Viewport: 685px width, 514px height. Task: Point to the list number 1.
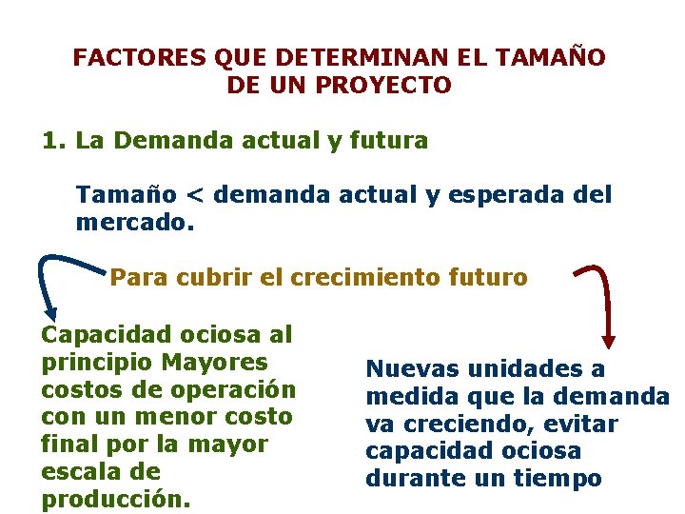[x=51, y=141]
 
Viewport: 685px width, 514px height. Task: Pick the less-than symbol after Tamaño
[x=194, y=196]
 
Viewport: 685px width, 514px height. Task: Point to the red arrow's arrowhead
[x=609, y=341]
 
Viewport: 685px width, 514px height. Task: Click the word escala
[x=72, y=472]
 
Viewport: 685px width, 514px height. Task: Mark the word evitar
[x=583, y=424]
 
